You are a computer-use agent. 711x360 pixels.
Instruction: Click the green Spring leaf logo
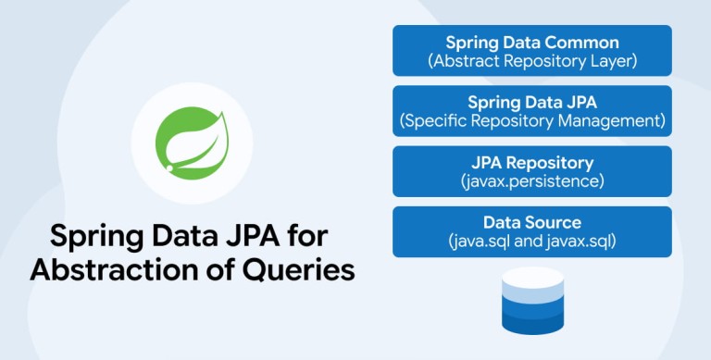point(192,143)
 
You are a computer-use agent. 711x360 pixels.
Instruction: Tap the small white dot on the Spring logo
point(169,168)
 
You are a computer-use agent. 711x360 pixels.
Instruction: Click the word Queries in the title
point(298,270)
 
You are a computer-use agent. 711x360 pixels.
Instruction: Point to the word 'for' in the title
point(310,235)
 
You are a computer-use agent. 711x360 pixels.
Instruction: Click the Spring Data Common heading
point(532,43)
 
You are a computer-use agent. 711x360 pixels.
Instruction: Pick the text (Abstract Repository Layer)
point(532,61)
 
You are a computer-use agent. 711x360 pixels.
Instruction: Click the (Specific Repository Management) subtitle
point(532,121)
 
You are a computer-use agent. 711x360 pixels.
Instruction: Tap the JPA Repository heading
point(532,163)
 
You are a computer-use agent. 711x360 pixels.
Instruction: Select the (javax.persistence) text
point(532,181)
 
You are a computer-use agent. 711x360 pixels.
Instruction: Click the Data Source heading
point(532,223)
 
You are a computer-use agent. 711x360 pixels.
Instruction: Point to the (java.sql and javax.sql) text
point(532,242)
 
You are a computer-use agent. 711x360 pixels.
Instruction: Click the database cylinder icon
point(533,301)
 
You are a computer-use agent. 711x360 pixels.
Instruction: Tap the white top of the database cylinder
point(533,277)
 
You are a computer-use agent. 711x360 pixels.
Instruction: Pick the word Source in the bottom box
point(554,223)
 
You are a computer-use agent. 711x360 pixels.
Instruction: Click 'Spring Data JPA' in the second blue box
point(532,103)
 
